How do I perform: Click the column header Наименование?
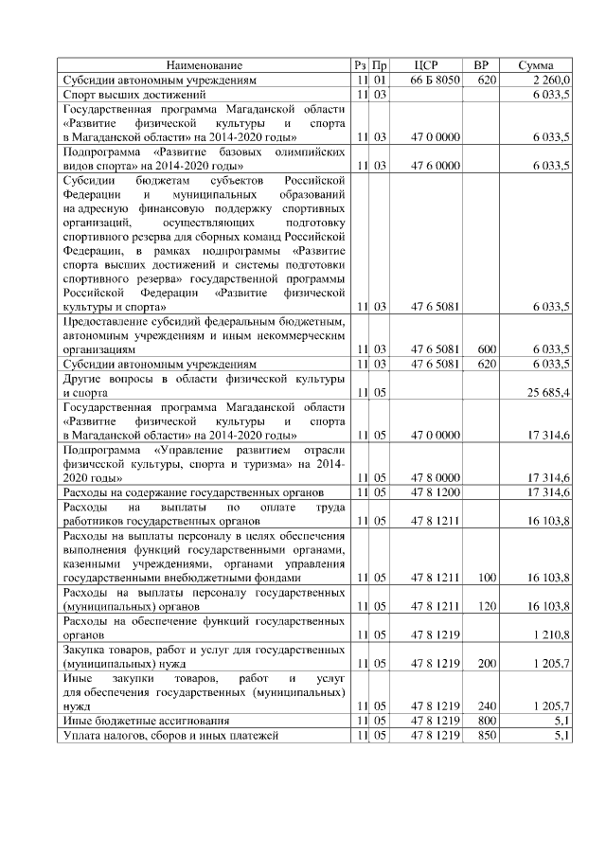[205, 65]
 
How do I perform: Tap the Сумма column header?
[537, 65]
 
